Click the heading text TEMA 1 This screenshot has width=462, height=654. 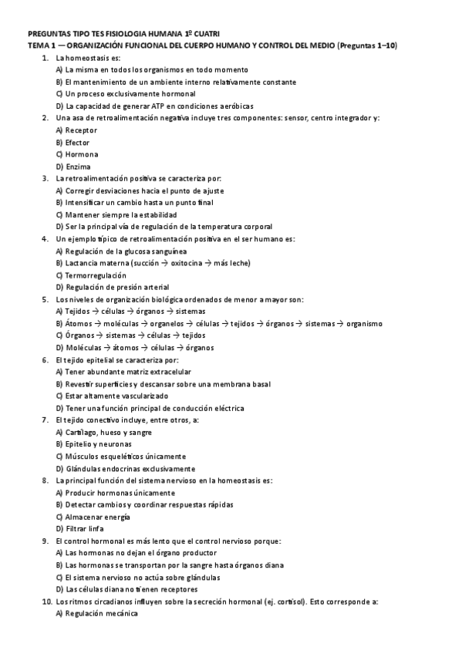tap(41, 46)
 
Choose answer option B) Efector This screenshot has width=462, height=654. tap(73, 142)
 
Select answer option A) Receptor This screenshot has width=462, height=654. tap(76, 130)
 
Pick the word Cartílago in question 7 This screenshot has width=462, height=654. tap(83, 432)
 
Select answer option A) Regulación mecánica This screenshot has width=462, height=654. tap(96, 612)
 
